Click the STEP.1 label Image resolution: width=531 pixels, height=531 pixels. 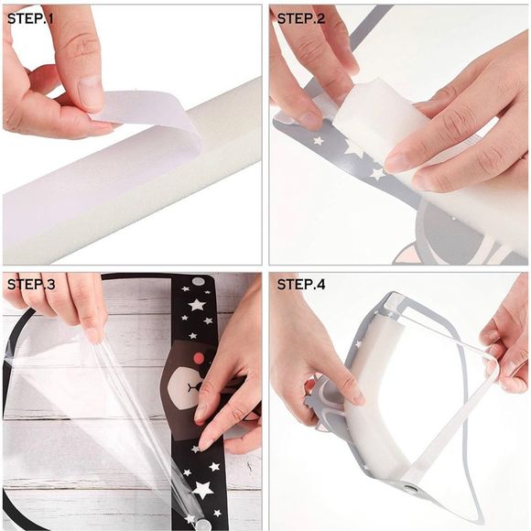pyautogui.click(x=31, y=17)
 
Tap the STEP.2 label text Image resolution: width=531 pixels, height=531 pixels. pyautogui.click(x=302, y=17)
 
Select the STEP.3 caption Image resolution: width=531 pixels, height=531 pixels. pyautogui.click(x=31, y=285)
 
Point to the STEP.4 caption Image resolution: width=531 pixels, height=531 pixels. pyautogui.click(x=302, y=285)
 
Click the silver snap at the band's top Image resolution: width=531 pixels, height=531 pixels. pyautogui.click(x=198, y=281)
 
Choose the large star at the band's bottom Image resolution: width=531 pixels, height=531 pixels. pyautogui.click(x=203, y=489)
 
